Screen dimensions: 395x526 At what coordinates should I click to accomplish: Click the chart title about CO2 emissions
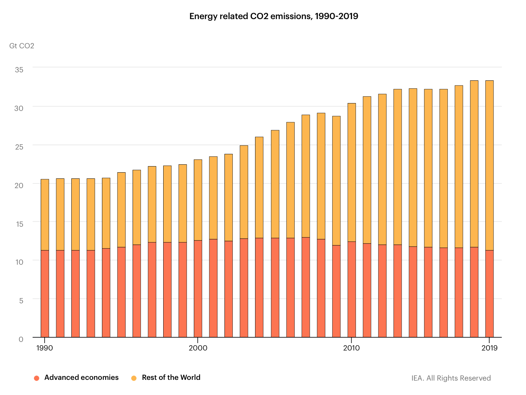273,16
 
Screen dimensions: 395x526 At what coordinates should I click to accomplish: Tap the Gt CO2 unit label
22,46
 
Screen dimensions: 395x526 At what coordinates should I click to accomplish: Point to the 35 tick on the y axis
19,70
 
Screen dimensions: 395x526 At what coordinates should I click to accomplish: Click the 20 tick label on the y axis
19,185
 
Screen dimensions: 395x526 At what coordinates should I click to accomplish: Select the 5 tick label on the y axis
21,301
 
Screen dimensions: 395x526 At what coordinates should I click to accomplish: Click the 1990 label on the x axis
45,348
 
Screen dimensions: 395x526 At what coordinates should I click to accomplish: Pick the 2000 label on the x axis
198,348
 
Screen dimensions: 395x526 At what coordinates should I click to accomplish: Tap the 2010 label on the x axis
351,348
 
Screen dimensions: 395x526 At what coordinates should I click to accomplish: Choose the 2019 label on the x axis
489,348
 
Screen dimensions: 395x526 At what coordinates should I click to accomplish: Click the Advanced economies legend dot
36,378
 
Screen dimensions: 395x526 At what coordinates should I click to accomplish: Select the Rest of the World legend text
171,377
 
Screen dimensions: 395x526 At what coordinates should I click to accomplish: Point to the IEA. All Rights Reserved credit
451,378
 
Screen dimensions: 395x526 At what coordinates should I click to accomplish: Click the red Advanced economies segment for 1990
45,294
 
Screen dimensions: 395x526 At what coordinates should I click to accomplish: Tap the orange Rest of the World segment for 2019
489,165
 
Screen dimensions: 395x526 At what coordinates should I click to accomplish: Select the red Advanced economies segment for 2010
351,289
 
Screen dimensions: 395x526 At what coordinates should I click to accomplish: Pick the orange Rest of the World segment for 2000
198,200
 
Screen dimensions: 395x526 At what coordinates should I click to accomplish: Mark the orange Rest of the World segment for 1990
45,214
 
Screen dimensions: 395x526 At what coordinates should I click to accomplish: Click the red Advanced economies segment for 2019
489,294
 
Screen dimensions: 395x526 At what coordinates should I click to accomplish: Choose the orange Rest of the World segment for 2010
351,172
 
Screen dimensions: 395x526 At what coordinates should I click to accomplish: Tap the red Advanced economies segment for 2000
198,289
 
